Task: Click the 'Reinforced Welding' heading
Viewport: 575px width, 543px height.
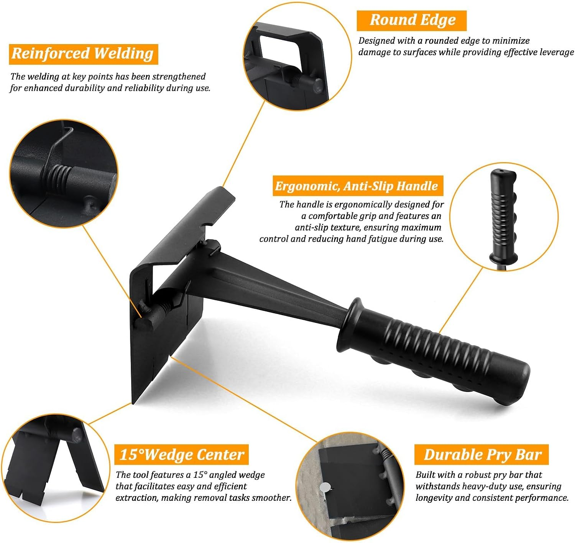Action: pyautogui.click(x=83, y=54)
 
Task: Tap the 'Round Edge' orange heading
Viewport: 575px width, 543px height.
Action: pyautogui.click(x=412, y=20)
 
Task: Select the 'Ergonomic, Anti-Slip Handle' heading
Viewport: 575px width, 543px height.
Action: pyautogui.click(x=356, y=186)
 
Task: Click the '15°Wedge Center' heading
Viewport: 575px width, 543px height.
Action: pyautogui.click(x=182, y=454)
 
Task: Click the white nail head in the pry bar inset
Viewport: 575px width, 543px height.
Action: pyautogui.click(x=325, y=488)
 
